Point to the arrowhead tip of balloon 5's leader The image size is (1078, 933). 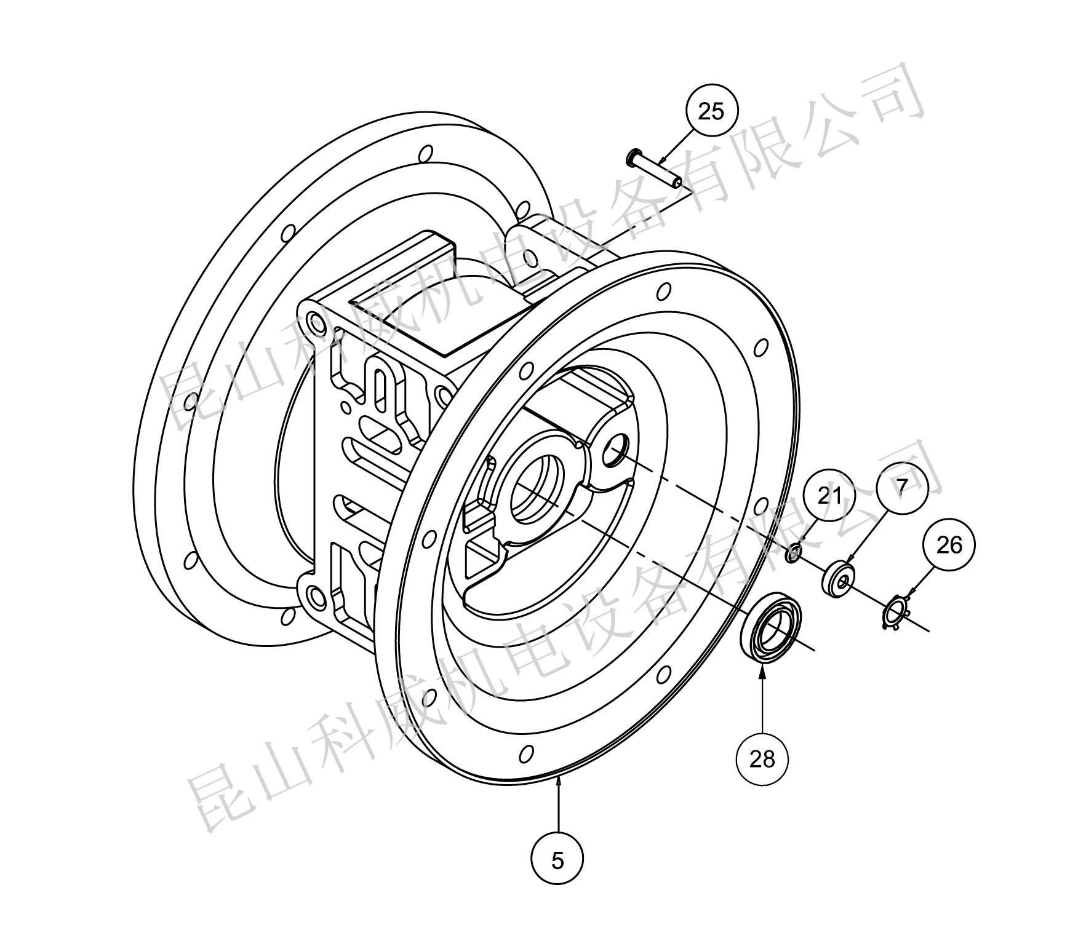pyautogui.click(x=558, y=776)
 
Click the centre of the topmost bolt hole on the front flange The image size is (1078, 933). pyautogui.click(x=663, y=291)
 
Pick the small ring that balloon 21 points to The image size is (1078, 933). pyautogui.click(x=794, y=552)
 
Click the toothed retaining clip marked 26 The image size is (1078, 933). pyautogui.click(x=896, y=615)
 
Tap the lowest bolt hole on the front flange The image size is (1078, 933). pyautogui.click(x=526, y=754)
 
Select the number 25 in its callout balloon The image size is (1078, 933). pyautogui.click(x=711, y=112)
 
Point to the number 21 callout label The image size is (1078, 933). pyautogui.click(x=829, y=495)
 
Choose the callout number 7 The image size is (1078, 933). pyautogui.click(x=901, y=488)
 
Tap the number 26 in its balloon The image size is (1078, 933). pyautogui.click(x=949, y=545)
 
